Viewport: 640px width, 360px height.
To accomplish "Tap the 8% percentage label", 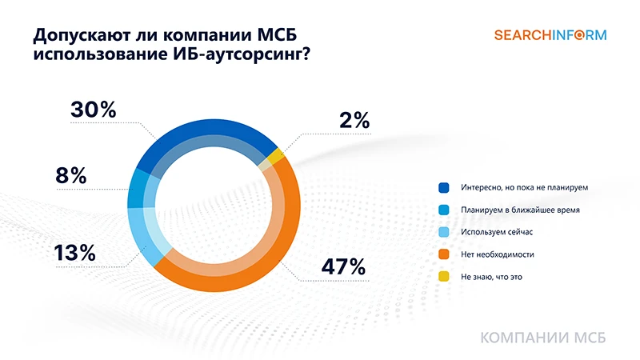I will [71, 176].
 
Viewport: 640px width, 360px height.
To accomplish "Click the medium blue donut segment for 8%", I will [138, 189].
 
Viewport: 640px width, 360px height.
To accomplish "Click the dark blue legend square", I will [443, 187].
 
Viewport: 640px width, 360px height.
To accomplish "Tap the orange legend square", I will [443, 254].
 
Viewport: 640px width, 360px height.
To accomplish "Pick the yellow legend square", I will [443, 277].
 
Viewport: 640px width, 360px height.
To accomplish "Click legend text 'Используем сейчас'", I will [496, 232].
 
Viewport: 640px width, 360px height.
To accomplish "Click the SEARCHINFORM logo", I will [550, 35].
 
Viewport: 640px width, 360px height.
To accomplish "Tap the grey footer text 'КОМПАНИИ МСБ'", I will [543, 338].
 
